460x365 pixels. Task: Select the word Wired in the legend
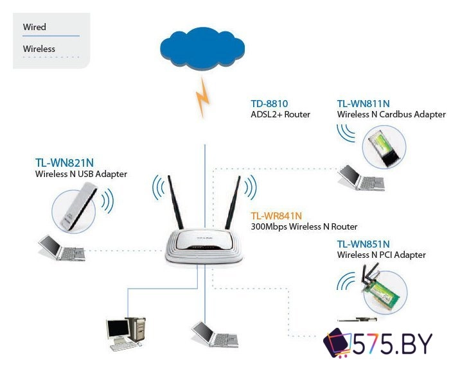coord(35,27)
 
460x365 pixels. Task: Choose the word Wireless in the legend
coord(39,49)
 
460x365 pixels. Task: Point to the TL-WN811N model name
coord(364,103)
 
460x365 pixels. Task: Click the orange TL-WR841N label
coord(276,216)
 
